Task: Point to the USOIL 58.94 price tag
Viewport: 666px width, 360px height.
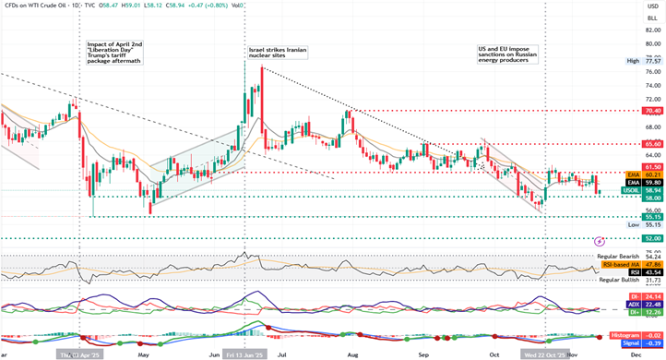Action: [x=632, y=191]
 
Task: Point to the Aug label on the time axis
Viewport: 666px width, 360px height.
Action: [x=352, y=354]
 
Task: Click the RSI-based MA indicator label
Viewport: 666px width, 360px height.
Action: [x=624, y=265]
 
